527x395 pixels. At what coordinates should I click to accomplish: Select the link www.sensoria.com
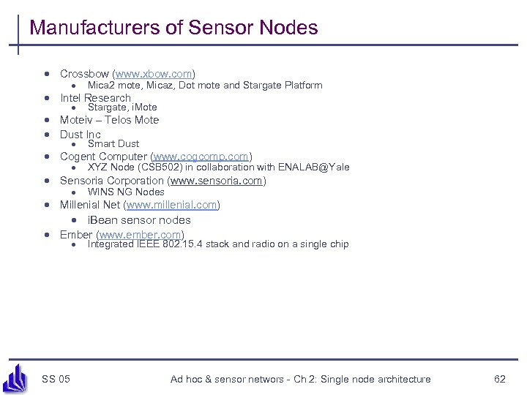pyautogui.click(x=217, y=181)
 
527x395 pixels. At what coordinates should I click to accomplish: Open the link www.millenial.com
pyautogui.click(x=172, y=205)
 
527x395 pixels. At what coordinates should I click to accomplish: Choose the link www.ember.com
pyautogui.click(x=140, y=235)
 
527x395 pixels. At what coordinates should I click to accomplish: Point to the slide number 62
pyautogui.click(x=500, y=379)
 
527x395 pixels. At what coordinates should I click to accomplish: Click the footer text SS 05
pyautogui.click(x=56, y=379)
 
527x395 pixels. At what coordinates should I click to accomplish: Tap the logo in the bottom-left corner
pyautogui.click(x=15, y=379)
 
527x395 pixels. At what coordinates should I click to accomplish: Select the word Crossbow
pyautogui.click(x=84, y=74)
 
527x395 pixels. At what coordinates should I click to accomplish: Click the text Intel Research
pyautogui.click(x=95, y=98)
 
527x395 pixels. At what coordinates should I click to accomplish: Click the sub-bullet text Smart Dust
pyautogui.click(x=113, y=144)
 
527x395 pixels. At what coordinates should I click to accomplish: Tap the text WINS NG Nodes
pyautogui.click(x=126, y=192)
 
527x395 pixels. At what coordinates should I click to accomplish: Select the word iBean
pyautogui.click(x=103, y=220)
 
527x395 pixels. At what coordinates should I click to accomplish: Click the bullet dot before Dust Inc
pyautogui.click(x=46, y=135)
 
